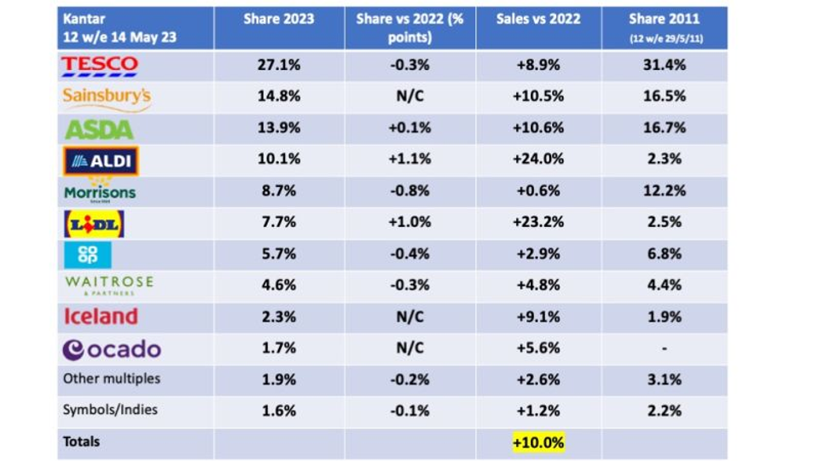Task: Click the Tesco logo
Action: pyautogui.click(x=100, y=65)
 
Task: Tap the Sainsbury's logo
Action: pyautogui.click(x=107, y=97)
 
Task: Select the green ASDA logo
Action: pyautogui.click(x=99, y=130)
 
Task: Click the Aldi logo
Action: pyautogui.click(x=101, y=160)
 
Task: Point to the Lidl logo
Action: pyautogui.click(x=95, y=224)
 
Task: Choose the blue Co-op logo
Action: pyautogui.click(x=88, y=255)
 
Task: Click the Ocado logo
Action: pyautogui.click(x=112, y=349)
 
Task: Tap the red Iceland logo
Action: pyautogui.click(x=101, y=317)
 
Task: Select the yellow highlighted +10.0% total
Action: pyautogui.click(x=537, y=442)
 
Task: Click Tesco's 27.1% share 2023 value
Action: pyautogui.click(x=278, y=65)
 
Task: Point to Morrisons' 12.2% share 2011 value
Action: pyautogui.click(x=664, y=191)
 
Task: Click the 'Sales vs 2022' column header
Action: pyautogui.click(x=537, y=20)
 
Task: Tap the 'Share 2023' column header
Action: pyautogui.click(x=278, y=20)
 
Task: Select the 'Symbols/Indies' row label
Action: pyautogui.click(x=111, y=410)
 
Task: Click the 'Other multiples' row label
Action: pyautogui.click(x=111, y=378)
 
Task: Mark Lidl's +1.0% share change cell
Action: pyautogui.click(x=409, y=222)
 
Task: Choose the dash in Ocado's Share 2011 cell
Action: pyautogui.click(x=664, y=348)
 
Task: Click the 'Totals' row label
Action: pyautogui.click(x=81, y=441)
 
